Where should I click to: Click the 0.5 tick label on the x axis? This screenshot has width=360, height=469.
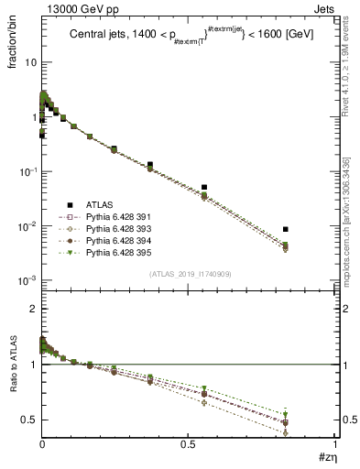pyautogui.click(x=189, y=444)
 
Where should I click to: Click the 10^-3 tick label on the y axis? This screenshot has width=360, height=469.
pyautogui.click(x=27, y=280)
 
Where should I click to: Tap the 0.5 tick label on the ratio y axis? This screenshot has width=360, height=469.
pyautogui.click(x=29, y=420)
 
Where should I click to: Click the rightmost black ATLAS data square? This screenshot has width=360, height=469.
pyautogui.click(x=286, y=229)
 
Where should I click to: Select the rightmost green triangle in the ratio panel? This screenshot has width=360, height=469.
pyautogui.click(x=286, y=414)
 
